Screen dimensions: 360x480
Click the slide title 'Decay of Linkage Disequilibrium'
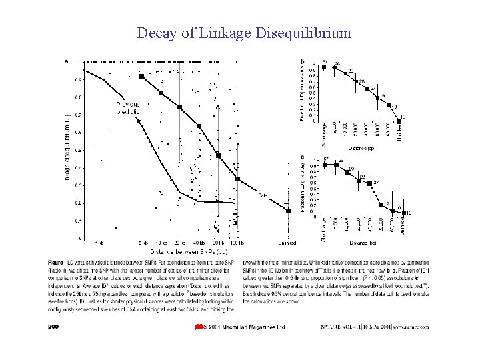[x=243, y=33]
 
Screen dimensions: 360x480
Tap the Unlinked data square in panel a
[x=288, y=210]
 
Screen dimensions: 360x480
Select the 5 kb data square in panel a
[x=141, y=76]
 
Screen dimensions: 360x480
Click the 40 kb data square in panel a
[x=199, y=126]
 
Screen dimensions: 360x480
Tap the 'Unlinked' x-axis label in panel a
[x=286, y=243]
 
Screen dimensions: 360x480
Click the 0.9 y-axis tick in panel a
[x=79, y=79]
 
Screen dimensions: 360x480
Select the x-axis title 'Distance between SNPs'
[x=189, y=251]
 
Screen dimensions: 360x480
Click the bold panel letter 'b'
[x=303, y=61]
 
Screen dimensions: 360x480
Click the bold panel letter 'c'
[x=303, y=157]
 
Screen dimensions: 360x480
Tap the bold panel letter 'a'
[x=66, y=61]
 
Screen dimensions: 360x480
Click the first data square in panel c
[x=325, y=164]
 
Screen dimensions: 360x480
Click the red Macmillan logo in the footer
[x=198, y=327]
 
